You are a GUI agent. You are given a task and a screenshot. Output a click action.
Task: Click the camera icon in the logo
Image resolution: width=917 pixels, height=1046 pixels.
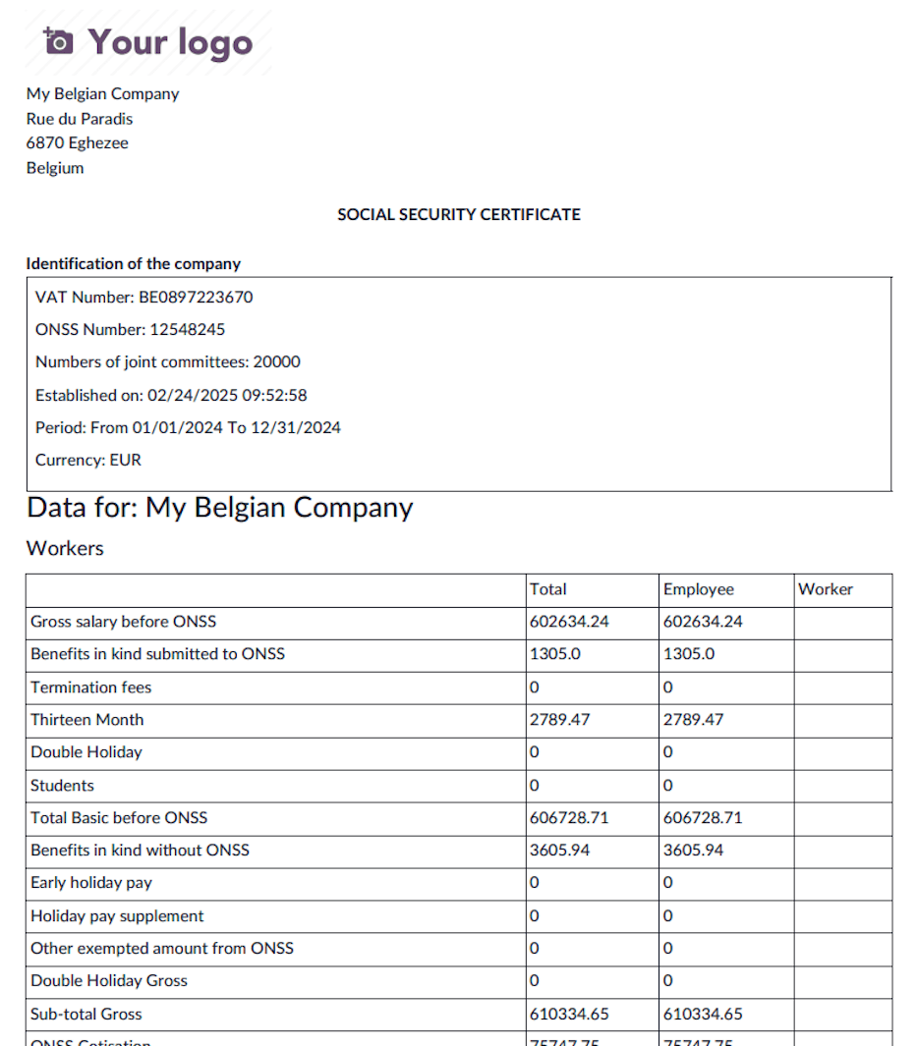tap(59, 41)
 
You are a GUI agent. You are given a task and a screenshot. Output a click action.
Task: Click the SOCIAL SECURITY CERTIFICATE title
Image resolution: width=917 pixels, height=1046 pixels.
tap(458, 214)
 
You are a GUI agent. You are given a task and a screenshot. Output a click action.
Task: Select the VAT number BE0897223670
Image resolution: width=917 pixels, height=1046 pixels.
tap(196, 297)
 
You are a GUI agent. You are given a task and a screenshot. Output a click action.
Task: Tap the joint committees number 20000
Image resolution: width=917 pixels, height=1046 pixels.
tap(276, 361)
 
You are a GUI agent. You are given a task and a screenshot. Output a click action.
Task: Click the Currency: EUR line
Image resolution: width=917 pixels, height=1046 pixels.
tap(88, 460)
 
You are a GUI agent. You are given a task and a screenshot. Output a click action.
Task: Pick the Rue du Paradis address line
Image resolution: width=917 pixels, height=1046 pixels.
tap(80, 119)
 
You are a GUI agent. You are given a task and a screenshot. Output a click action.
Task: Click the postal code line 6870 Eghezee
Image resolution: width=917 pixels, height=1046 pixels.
tap(78, 143)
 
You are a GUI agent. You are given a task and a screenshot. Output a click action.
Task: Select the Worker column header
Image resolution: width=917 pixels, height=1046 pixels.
tap(825, 589)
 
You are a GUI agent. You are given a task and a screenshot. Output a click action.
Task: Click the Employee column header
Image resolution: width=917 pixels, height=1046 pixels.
tap(698, 589)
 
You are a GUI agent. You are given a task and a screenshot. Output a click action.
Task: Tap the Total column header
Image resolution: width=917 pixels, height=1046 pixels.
tap(547, 589)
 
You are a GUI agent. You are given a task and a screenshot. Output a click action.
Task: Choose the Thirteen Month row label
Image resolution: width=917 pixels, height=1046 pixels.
tap(86, 720)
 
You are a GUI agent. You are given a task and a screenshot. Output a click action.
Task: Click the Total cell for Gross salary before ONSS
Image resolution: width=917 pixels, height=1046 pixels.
tap(569, 622)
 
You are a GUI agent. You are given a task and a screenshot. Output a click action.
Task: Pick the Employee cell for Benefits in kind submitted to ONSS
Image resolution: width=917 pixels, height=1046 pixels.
tap(689, 654)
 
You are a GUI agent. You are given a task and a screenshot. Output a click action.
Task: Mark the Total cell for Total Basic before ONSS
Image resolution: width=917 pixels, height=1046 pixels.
tap(569, 818)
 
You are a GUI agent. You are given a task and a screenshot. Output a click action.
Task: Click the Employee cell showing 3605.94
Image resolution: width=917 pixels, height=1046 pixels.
tap(693, 851)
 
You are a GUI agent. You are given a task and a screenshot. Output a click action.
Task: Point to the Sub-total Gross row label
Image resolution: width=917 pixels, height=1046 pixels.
tap(86, 1015)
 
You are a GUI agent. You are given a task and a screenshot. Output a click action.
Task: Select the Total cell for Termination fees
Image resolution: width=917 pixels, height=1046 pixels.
tap(535, 688)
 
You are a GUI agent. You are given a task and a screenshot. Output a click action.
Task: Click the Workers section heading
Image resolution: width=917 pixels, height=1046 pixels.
tap(65, 548)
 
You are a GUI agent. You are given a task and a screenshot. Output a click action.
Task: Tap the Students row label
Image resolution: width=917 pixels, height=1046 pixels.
tap(62, 786)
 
